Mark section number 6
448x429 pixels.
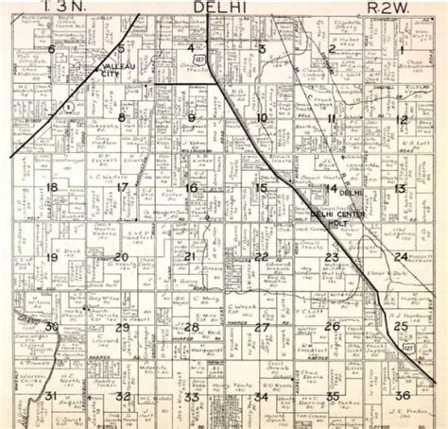(51, 49)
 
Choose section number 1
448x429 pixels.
(403, 48)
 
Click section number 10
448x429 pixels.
(262, 118)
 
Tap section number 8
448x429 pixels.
(121, 118)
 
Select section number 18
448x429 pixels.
(51, 187)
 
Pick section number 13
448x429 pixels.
(401, 188)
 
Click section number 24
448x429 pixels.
(402, 257)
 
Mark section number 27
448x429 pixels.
(262, 327)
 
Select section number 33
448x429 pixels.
(192, 397)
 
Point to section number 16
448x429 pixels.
(192, 188)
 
